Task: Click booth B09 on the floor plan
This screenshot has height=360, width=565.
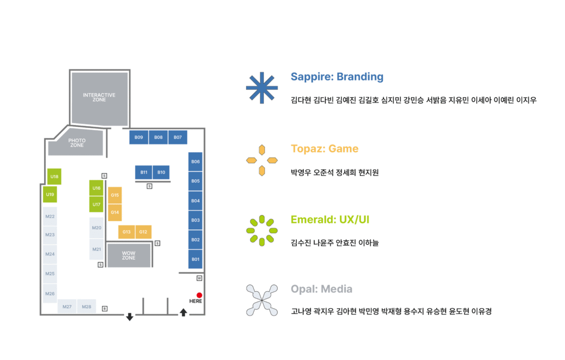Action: pyautogui.click(x=138, y=137)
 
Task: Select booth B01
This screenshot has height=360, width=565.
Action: pyautogui.click(x=195, y=259)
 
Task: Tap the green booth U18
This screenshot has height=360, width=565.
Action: pyautogui.click(x=54, y=176)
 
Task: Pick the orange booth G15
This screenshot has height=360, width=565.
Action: pyautogui.click(x=115, y=195)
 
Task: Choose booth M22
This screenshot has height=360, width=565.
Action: pyautogui.click(x=50, y=217)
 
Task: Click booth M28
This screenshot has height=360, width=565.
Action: pyautogui.click(x=87, y=307)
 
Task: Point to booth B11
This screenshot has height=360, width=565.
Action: pyautogui.click(x=143, y=173)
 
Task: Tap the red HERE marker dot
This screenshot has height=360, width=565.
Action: pyautogui.click(x=199, y=295)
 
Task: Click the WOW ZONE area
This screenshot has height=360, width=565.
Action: pyautogui.click(x=129, y=255)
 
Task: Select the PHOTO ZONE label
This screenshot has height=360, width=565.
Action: pyautogui.click(x=77, y=143)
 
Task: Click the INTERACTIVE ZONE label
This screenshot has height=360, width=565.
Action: pyautogui.click(x=99, y=98)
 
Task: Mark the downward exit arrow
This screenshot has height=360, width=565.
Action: pyautogui.click(x=130, y=316)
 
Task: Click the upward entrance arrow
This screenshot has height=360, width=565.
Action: pyautogui.click(x=183, y=313)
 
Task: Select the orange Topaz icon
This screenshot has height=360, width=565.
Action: pyautogui.click(x=262, y=160)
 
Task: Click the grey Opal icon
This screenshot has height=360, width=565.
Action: pyautogui.click(x=262, y=300)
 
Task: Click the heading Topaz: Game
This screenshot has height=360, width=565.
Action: pyautogui.click(x=324, y=149)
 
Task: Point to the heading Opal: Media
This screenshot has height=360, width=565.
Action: pyautogui.click(x=321, y=289)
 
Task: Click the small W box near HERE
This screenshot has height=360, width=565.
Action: pyautogui.click(x=199, y=278)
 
